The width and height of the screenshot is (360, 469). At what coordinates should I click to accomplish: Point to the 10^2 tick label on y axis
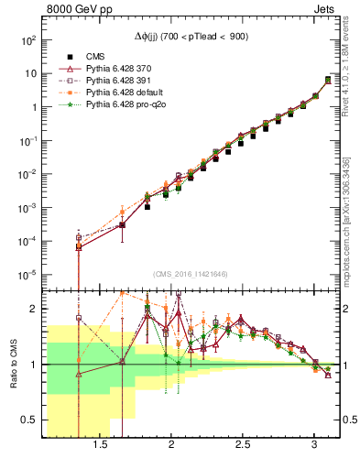pyautogui.click(x=27, y=40)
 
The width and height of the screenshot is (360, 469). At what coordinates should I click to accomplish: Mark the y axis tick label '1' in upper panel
pyautogui.click(x=33, y=107)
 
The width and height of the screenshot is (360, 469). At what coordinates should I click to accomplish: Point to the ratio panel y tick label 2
pyautogui.click(x=33, y=309)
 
